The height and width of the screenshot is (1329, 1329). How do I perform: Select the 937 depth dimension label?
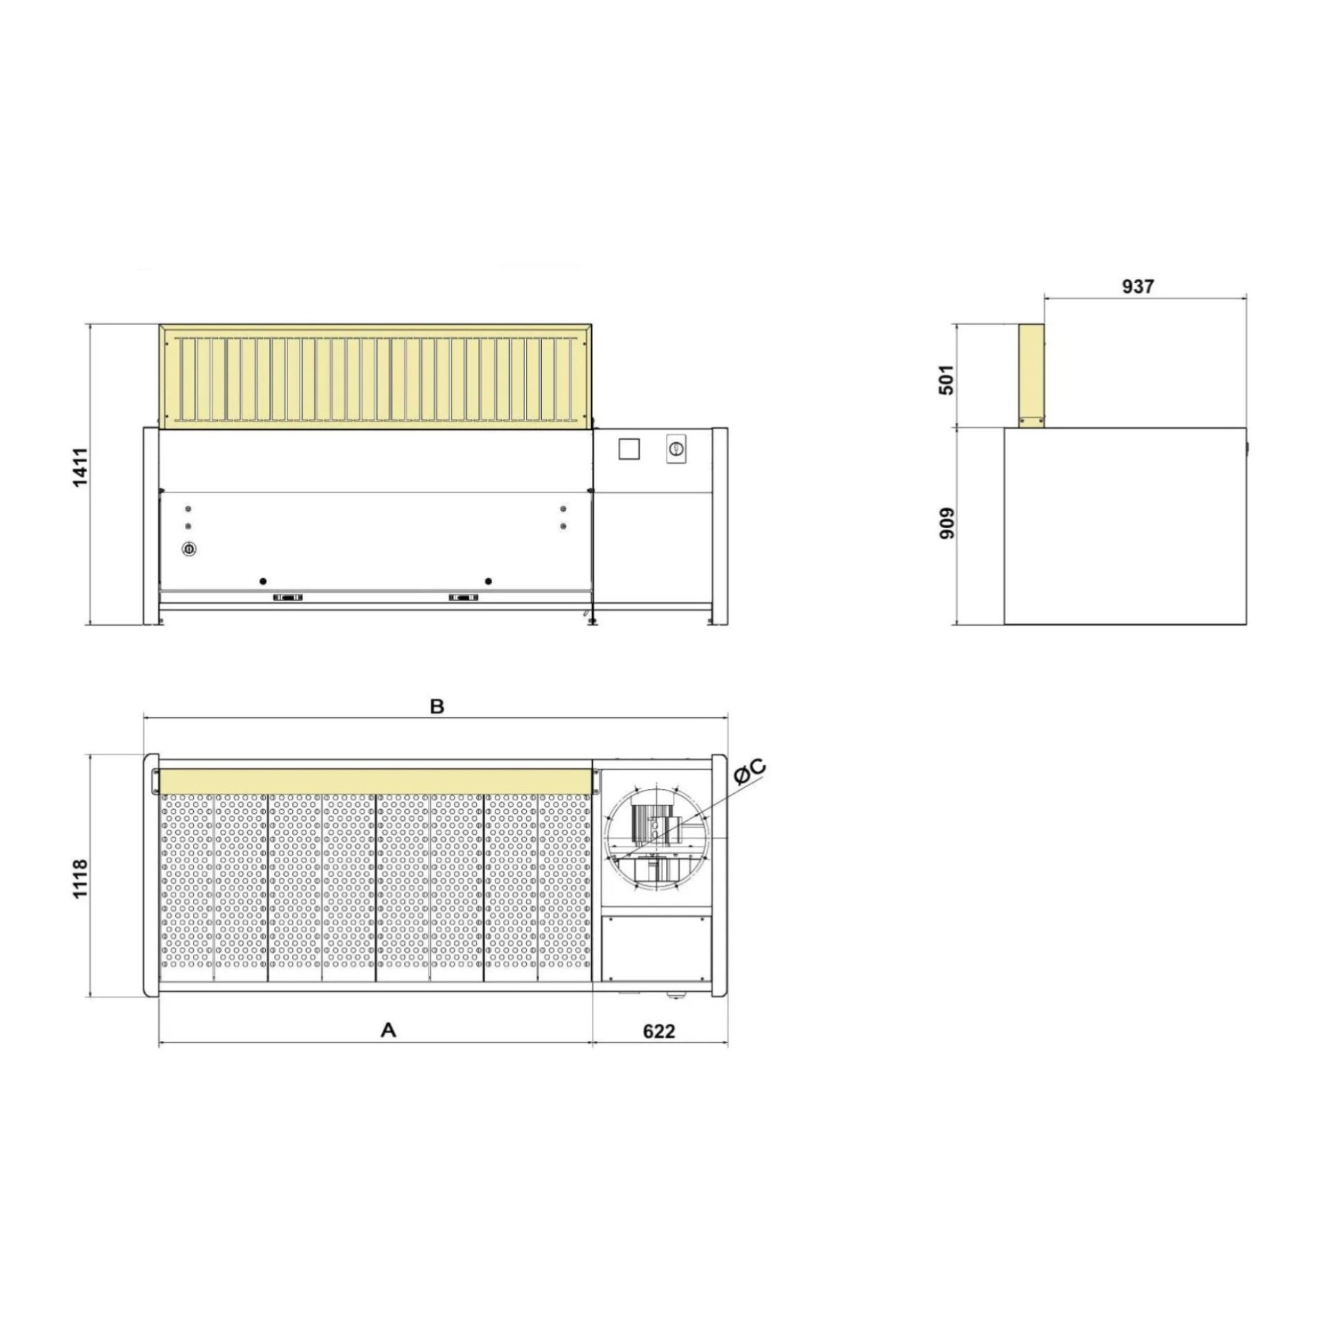1137,286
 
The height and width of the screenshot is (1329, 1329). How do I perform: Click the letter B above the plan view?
437,707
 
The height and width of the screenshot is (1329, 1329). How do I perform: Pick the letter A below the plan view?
389,1050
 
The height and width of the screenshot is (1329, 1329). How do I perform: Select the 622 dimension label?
658,1051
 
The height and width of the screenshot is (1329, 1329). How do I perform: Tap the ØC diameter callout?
749,771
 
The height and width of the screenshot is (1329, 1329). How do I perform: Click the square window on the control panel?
629,449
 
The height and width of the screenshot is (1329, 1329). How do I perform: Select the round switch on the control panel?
676,449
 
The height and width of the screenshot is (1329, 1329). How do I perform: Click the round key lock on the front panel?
188,549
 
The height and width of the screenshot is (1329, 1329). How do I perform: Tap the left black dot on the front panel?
262,581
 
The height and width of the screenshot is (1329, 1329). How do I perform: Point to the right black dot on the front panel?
489,581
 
